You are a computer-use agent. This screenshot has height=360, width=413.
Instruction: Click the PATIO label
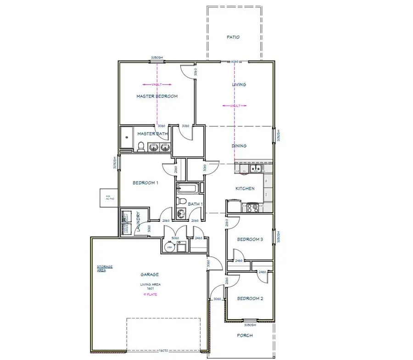point(233,37)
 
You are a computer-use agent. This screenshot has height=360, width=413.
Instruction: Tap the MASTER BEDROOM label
point(157,96)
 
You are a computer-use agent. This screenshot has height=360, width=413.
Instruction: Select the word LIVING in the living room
point(239,84)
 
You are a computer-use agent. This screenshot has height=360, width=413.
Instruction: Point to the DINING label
point(239,146)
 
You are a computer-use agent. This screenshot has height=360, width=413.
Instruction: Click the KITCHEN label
point(245,188)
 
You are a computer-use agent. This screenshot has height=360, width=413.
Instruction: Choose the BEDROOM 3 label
point(250,239)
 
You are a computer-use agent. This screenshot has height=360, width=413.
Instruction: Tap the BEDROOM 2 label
point(250,298)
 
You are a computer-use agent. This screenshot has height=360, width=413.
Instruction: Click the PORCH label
point(245,336)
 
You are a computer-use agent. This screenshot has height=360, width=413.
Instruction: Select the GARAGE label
point(150,275)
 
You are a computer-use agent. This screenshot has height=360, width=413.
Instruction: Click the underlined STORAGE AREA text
point(105,268)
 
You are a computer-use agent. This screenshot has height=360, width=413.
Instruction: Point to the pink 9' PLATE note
point(150,294)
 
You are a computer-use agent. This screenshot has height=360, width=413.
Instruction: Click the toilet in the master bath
point(141,147)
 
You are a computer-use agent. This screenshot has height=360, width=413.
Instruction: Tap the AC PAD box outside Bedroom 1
point(109,198)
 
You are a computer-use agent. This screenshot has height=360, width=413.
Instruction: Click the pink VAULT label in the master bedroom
point(157,84)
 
